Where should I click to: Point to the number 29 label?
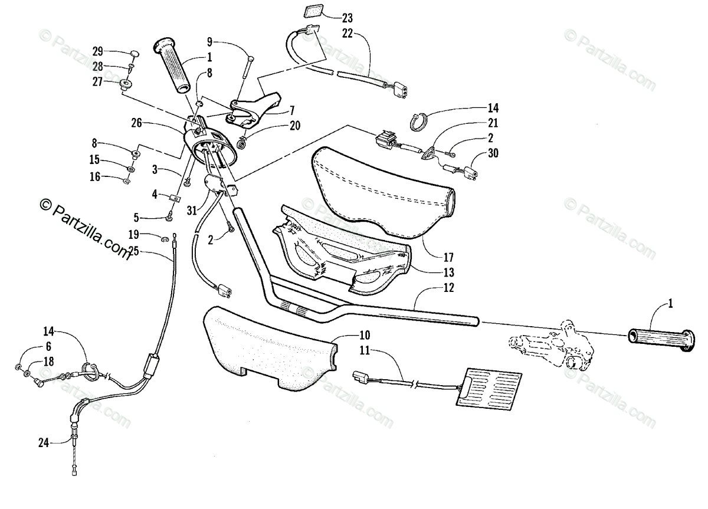tap(97, 52)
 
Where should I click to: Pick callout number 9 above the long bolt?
tap(209, 41)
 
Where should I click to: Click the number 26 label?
tap(136, 123)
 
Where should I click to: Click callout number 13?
tap(449, 272)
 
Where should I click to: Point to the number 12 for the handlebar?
tap(449, 288)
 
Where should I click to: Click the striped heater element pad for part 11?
tap(489, 387)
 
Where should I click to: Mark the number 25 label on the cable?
tap(133, 251)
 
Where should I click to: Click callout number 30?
tap(493, 154)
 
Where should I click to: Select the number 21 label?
tap(493, 123)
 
